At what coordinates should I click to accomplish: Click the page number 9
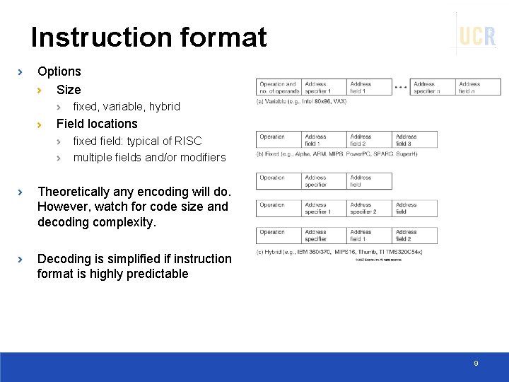476,363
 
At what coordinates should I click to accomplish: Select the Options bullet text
59,71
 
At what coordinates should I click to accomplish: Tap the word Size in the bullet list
69,90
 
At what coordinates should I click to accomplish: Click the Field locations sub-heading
97,124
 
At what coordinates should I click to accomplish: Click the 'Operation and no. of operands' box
279,87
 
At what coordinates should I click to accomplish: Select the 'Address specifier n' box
432,87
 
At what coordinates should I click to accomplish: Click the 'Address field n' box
479,87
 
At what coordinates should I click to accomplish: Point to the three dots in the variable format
400,87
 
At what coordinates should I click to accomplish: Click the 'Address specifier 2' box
369,208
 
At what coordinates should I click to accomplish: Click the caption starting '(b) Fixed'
337,154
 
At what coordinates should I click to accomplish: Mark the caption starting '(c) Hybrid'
339,252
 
